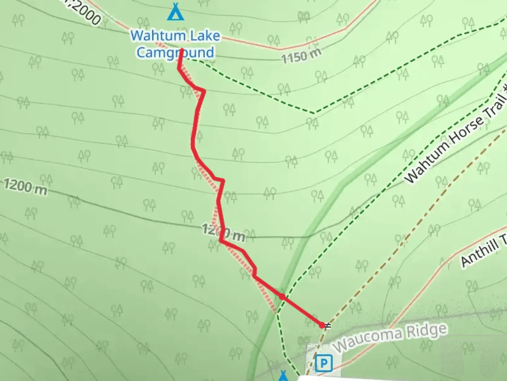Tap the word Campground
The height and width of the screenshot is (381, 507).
click(x=175, y=53)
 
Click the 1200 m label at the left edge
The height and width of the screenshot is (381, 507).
click(x=25, y=186)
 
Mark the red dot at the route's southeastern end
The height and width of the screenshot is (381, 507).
click(x=322, y=325)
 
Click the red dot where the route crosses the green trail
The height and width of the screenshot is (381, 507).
click(x=282, y=297)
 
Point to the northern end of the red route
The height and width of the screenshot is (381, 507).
click(x=181, y=50)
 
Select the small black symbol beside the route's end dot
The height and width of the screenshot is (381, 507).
click(x=328, y=325)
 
